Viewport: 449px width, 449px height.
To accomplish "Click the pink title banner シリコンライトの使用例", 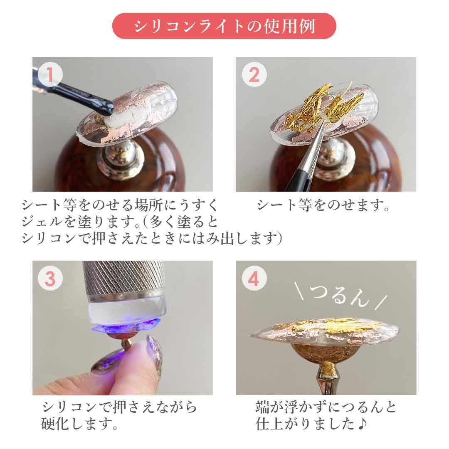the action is click(x=224, y=26).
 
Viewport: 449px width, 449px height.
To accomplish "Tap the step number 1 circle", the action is click(x=50, y=75).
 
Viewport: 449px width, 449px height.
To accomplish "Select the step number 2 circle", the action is click(x=254, y=75).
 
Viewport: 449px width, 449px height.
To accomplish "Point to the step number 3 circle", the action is click(x=50, y=279).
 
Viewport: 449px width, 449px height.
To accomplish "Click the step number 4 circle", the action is click(x=254, y=279).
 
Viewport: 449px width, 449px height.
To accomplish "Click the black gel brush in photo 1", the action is click(x=74, y=91).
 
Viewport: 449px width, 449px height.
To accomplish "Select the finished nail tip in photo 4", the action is click(x=323, y=332).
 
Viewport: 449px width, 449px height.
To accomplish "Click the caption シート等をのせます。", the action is click(x=323, y=205).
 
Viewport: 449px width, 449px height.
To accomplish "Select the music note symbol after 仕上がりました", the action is click(x=362, y=423).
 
